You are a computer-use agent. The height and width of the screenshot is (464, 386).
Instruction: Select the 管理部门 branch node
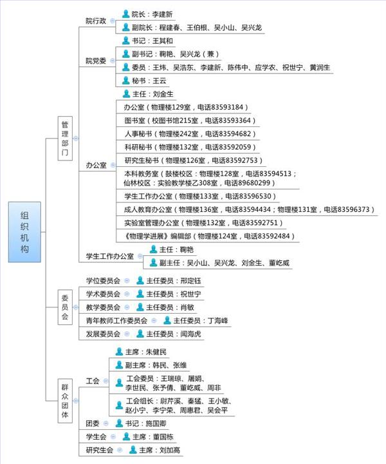click(64, 138)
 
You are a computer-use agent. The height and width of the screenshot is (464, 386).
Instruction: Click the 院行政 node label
click(96, 21)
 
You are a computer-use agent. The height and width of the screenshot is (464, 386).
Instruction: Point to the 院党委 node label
click(96, 61)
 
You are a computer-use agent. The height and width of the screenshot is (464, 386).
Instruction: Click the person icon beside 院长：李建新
click(125, 14)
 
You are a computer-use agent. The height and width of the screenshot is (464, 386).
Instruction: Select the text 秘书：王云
click(149, 81)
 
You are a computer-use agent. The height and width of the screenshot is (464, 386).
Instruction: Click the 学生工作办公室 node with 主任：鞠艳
click(110, 256)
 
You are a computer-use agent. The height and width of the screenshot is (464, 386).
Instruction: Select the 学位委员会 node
click(104, 280)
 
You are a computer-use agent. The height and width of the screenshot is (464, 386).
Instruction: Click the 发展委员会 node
click(104, 334)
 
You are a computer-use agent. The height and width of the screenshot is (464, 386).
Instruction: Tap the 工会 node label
click(93, 381)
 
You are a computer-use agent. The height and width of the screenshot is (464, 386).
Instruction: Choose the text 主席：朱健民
click(146, 352)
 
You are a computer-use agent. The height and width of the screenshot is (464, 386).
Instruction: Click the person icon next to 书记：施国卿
click(119, 423)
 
